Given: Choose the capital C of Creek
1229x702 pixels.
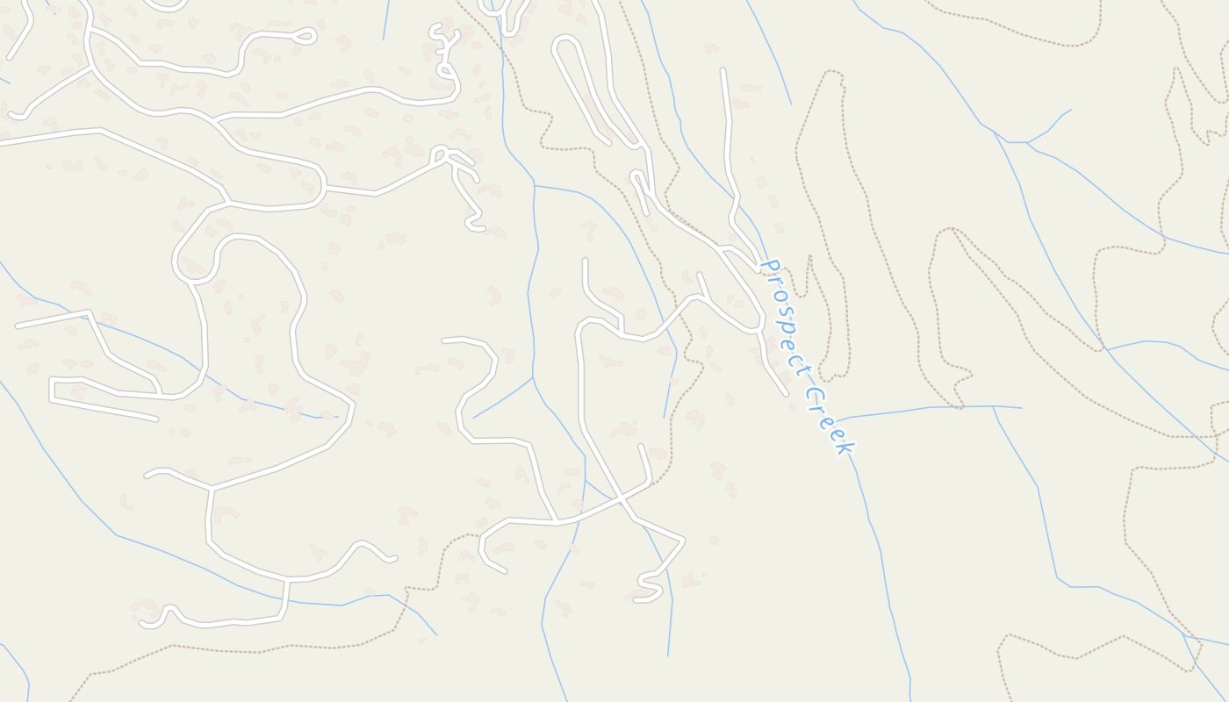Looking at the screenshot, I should pos(812,394).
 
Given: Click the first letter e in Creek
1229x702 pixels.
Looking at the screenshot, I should pos(825,419).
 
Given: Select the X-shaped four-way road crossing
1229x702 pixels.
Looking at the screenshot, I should pos(621,499).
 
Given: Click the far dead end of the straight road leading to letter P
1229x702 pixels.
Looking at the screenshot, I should pos(722,69).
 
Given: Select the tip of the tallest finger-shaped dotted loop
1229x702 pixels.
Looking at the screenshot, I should pos(832,75).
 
